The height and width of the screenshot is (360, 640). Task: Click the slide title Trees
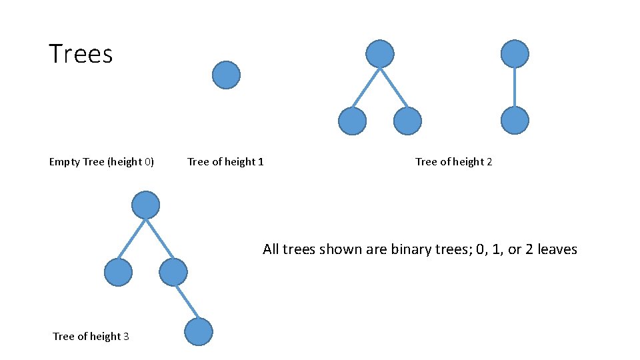coord(81,54)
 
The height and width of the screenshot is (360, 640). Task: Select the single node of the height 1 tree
coord(226,75)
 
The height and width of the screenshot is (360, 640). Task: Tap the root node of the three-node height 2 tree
coord(380,54)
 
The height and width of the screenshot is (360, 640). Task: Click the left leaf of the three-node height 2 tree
coord(352,121)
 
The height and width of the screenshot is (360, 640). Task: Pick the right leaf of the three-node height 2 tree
coord(407,121)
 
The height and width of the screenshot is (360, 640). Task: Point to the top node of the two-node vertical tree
coord(515,54)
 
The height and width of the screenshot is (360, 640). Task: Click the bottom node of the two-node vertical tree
coord(515,121)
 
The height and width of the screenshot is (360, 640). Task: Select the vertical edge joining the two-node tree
coord(515,87)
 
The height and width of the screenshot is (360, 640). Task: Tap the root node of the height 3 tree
coord(145,205)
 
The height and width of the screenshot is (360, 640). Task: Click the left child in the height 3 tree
coord(119,272)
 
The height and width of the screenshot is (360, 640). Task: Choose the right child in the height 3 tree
coord(173,272)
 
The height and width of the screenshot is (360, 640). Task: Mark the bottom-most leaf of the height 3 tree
coord(198,332)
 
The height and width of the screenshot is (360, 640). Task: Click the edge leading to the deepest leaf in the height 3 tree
coord(186,302)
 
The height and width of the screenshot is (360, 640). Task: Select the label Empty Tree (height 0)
coord(101,162)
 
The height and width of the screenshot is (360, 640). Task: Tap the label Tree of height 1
coord(225,162)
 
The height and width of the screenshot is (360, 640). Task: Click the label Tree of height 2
coord(453,162)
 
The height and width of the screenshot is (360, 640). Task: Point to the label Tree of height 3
coord(91,337)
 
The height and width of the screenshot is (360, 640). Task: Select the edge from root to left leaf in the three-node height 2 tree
coord(366,87)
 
